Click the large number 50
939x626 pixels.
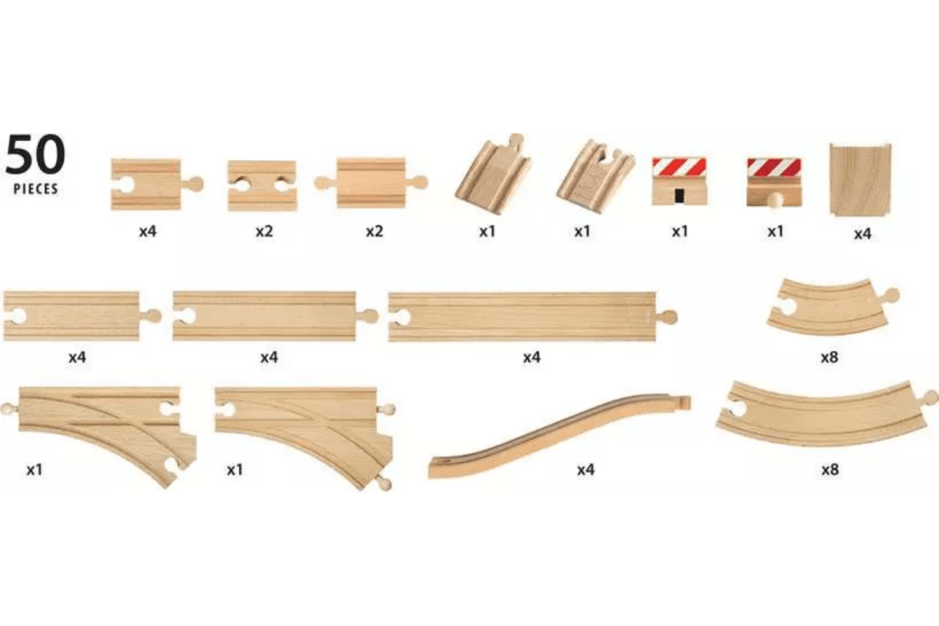coord(36,155)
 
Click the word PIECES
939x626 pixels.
coord(36,189)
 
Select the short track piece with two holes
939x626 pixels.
coord(262,185)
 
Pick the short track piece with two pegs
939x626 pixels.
coord(370,182)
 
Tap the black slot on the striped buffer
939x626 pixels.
coord(679,194)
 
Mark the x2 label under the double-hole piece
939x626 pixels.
coord(265,232)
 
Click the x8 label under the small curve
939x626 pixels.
coord(829,357)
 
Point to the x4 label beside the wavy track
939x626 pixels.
coord(586,469)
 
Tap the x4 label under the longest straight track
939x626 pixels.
coord(532,357)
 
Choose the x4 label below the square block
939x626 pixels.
coord(862,234)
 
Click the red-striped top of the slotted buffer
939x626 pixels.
coord(679,167)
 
